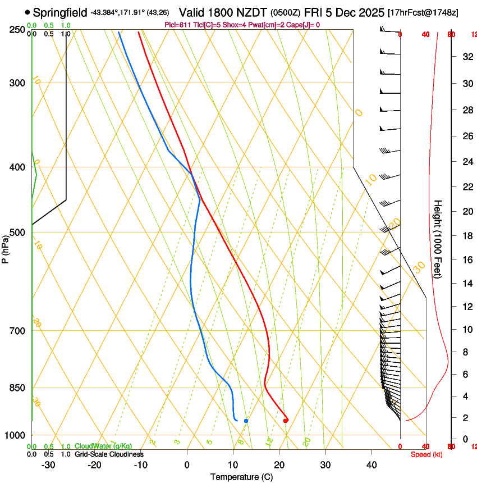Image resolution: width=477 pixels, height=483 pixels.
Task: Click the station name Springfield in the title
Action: pyautogui.click(x=60, y=12)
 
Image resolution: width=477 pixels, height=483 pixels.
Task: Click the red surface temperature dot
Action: pyautogui.click(x=286, y=420)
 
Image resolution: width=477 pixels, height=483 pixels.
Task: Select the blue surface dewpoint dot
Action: pyautogui.click(x=246, y=421)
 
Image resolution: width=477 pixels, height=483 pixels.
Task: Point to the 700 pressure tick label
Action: pyautogui.click(x=17, y=331)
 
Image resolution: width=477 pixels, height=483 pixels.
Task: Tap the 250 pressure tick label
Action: pyautogui.click(x=17, y=30)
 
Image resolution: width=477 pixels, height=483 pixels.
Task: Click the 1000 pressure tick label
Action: pyautogui.click(x=15, y=435)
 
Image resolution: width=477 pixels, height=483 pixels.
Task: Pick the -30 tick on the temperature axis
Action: pyautogui.click(x=48, y=464)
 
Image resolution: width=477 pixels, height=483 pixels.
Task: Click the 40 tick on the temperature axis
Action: pyautogui.click(x=371, y=464)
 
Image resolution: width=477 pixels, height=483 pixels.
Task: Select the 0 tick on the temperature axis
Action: pyautogui.click(x=187, y=464)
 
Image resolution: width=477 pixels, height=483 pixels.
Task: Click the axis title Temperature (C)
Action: pyautogui.click(x=241, y=477)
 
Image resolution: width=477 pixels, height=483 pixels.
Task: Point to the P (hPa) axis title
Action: pyautogui.click(x=6, y=248)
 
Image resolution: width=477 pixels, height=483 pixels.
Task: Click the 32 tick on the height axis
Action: pyautogui.click(x=466, y=56)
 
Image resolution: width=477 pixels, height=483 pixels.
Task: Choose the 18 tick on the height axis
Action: pyautogui.click(x=466, y=236)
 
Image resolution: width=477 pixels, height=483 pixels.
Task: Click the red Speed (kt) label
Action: pyautogui.click(x=426, y=454)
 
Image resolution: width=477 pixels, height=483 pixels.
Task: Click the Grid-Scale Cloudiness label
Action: pyautogui.click(x=109, y=454)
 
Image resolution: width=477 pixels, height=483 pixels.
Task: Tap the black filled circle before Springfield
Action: pyautogui.click(x=27, y=12)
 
